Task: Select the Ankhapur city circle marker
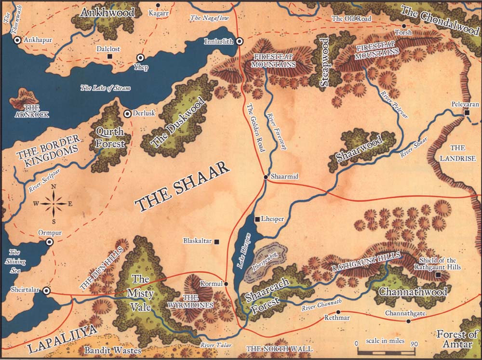[x=17, y=40]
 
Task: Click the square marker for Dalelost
[x=110, y=57]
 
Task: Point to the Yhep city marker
[x=140, y=57]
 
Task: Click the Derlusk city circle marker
[x=127, y=114]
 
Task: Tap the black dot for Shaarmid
[x=266, y=177]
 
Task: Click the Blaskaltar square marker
[x=216, y=241]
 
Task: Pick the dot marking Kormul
[x=226, y=284]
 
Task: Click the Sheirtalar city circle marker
[x=47, y=291]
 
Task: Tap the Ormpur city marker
[x=49, y=242]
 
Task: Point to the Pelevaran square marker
[x=467, y=112]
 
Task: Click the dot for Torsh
[x=404, y=26]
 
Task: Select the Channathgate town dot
[x=408, y=321]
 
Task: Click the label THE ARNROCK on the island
[x=25, y=110]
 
